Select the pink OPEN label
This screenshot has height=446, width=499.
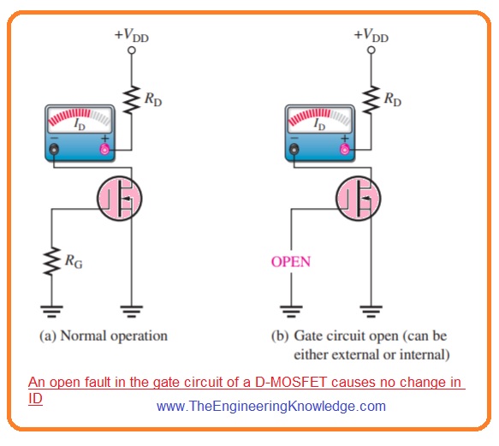tap(290, 261)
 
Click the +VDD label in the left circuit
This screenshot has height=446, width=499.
tap(131, 36)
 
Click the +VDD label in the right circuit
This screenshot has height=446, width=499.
tap(371, 36)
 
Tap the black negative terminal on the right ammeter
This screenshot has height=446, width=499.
tap(293, 151)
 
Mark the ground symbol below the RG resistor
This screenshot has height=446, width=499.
tap(52, 312)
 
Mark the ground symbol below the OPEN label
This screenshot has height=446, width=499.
tap(292, 312)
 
